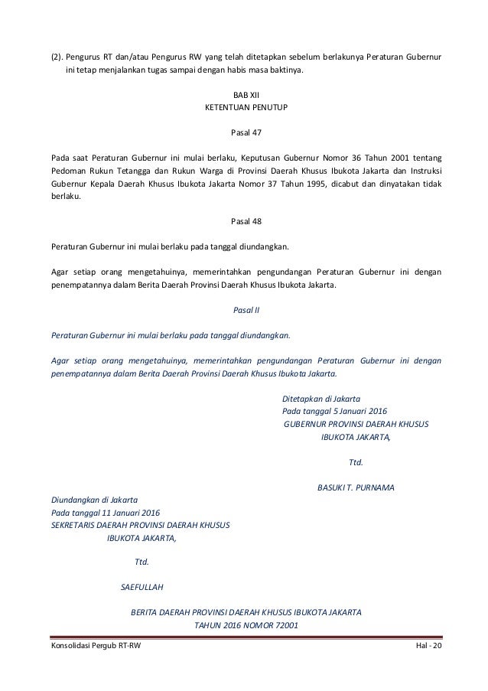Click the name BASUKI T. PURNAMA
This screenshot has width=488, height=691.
click(x=355, y=487)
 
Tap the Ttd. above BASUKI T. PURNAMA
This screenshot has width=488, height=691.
click(x=355, y=461)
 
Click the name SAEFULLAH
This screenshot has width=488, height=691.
click(x=143, y=588)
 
